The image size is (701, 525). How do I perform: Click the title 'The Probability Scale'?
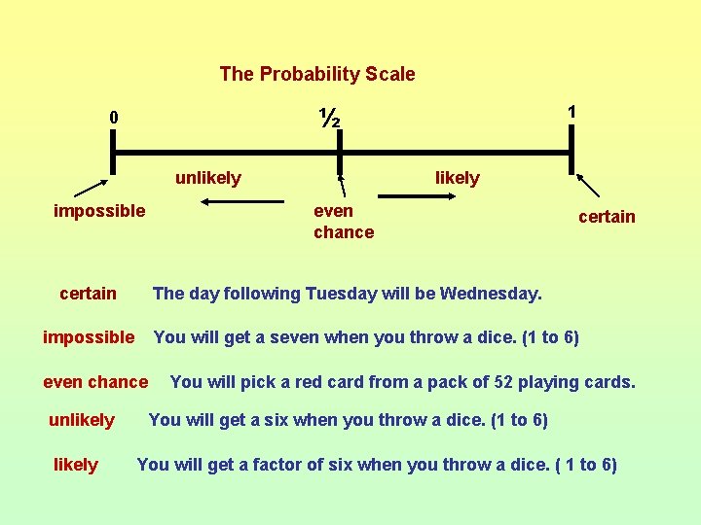316,74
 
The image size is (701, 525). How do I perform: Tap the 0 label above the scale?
114,118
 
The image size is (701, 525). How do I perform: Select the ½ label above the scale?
329,118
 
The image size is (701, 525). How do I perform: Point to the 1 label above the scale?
572,113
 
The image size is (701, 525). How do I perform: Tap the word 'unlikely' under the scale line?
207,178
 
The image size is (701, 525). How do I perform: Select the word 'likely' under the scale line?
457,178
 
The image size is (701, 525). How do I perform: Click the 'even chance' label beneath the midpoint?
343,222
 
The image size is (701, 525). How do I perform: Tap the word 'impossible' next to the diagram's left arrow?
99,211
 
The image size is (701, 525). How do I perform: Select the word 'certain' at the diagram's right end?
607,217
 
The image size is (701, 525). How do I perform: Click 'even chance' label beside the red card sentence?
95,382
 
